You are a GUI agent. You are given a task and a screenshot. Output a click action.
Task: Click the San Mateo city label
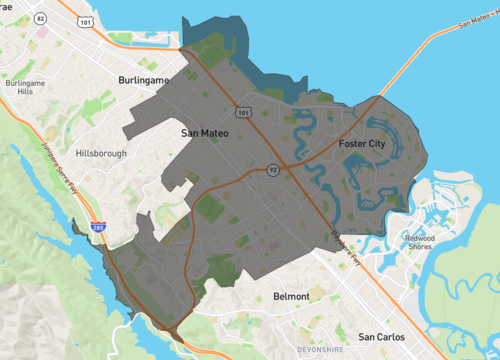click(206, 132)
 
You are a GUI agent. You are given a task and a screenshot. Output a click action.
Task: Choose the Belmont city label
click(291, 297)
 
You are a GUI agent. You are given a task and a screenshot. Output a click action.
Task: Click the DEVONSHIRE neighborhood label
click(321, 349)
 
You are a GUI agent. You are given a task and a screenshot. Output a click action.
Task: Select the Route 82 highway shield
click(40, 19)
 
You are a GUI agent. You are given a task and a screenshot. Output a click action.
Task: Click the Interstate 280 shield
click(97, 229)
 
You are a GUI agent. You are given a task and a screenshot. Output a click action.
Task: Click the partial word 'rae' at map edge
click(8, 4)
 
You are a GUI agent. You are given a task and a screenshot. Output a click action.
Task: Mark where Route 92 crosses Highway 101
click(283, 165)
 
